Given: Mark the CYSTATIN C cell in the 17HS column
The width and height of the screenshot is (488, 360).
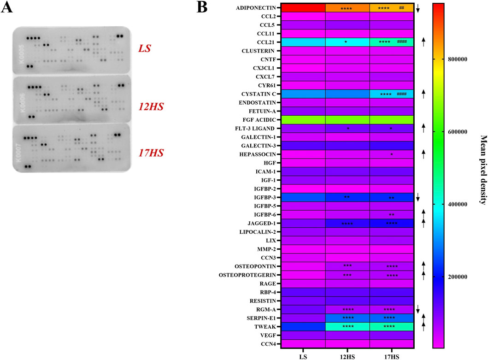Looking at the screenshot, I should point(392,94).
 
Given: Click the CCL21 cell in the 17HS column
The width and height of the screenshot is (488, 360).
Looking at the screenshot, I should point(392,42).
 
